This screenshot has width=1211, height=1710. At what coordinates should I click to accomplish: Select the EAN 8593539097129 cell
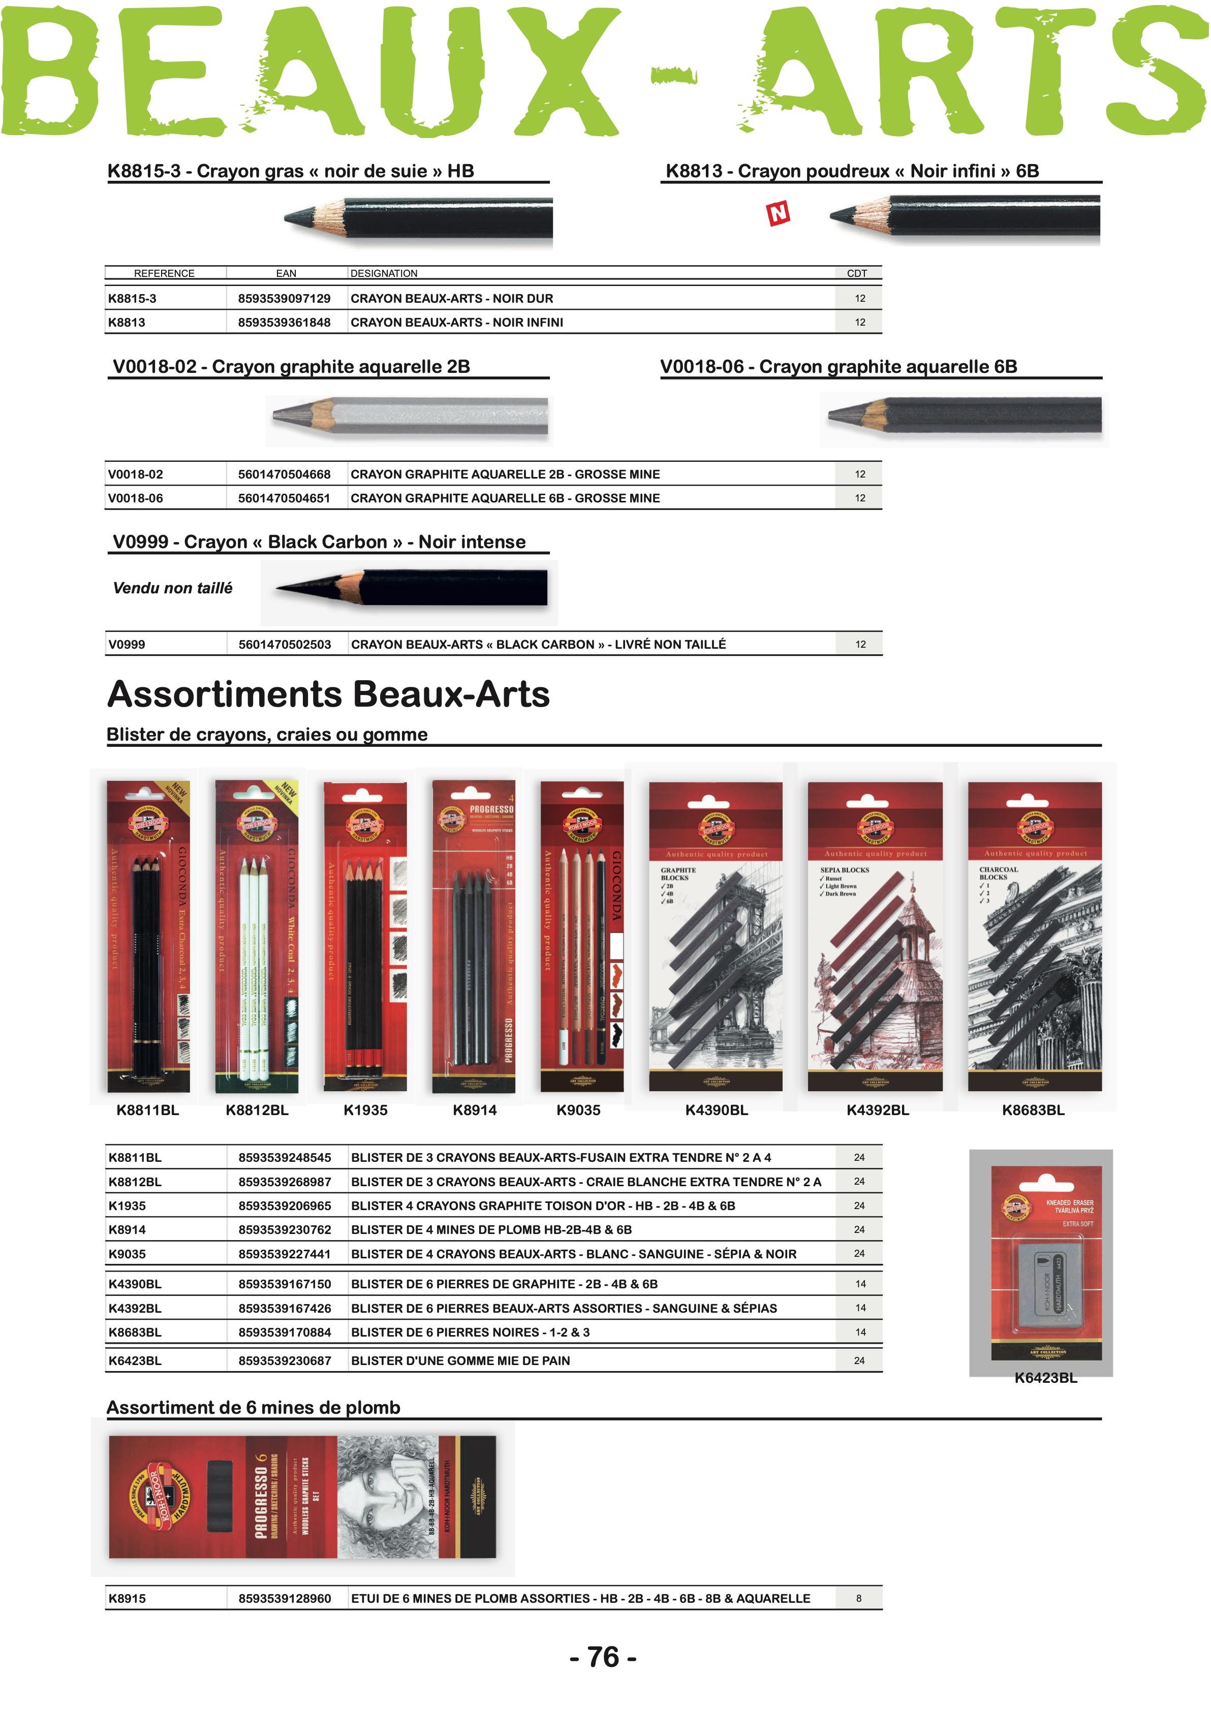point(284,299)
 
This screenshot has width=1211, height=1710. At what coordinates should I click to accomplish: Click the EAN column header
point(286,274)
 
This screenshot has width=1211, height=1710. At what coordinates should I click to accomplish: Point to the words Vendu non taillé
point(173,588)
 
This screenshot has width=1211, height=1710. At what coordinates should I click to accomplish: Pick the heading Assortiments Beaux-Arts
point(329,695)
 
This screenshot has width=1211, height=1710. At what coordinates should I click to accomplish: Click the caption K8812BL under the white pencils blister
point(257,1111)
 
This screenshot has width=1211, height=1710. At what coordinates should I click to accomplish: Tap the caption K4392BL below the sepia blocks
point(878,1111)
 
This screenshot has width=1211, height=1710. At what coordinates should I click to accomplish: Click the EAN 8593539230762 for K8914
point(284,1230)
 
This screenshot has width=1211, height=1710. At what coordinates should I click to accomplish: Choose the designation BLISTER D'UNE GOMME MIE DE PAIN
point(460,1361)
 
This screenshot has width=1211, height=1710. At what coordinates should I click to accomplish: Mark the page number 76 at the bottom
point(603,1657)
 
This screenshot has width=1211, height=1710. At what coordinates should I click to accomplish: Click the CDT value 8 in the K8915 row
point(858,1598)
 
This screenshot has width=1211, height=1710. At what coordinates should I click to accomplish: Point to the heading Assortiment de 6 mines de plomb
point(254,1408)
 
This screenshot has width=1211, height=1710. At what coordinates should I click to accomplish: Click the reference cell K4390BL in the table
point(135,1284)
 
